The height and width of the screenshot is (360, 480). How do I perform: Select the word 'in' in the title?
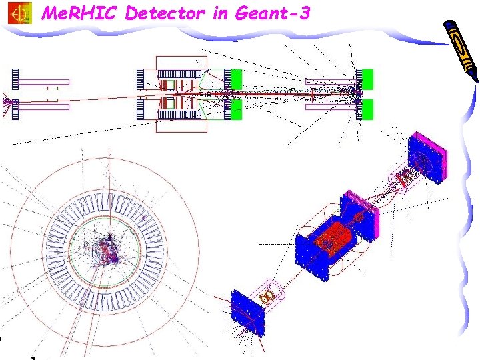click(x=221, y=13)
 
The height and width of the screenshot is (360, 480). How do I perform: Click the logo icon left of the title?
click(x=20, y=13)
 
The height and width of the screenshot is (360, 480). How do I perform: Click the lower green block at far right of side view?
click(x=367, y=109)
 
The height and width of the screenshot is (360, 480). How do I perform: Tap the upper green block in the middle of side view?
click(x=235, y=79)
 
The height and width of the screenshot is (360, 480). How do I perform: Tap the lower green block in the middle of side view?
click(x=235, y=109)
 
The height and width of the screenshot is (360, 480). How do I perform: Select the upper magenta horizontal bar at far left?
click(x=43, y=82)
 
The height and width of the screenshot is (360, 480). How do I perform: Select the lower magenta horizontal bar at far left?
click(x=43, y=106)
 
